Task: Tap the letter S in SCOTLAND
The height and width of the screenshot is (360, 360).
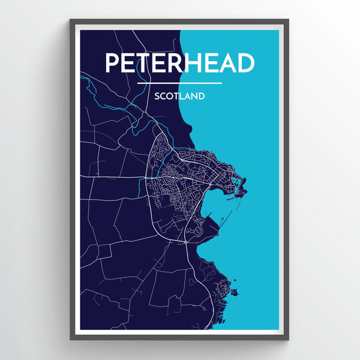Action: pyautogui.click(x=157, y=95)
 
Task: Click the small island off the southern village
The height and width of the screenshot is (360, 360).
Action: pyautogui.click(x=235, y=293)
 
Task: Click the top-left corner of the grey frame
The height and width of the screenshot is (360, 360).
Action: pyautogui.click(x=71, y=20)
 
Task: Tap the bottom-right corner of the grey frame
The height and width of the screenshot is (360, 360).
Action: pyautogui.click(x=288, y=339)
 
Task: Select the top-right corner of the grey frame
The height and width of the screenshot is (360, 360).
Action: pyautogui.click(x=288, y=20)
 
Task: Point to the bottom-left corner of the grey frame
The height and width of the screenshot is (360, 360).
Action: pyautogui.click(x=71, y=339)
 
